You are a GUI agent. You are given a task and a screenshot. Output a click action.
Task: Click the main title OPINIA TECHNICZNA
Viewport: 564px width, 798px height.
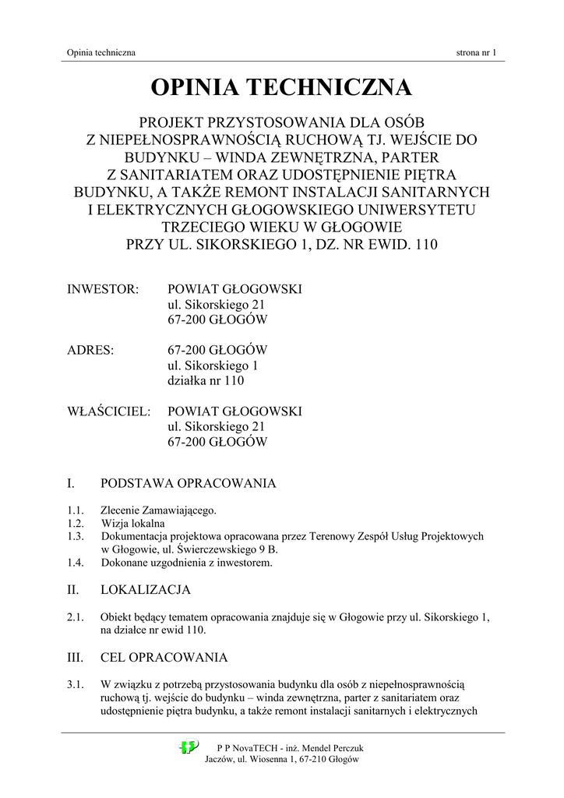[281, 87]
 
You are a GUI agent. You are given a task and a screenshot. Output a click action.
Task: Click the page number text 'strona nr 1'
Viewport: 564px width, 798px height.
[476, 53]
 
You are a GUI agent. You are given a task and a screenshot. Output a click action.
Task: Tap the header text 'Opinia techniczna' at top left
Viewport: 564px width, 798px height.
[102, 53]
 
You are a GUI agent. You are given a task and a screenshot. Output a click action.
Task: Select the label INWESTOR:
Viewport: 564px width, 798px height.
[103, 290]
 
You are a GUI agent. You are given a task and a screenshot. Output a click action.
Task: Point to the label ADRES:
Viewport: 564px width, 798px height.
[90, 351]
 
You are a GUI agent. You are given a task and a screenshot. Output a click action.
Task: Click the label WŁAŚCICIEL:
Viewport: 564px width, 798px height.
[108, 411]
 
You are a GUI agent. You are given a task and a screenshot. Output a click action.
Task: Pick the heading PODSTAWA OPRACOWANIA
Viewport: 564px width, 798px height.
[189, 483]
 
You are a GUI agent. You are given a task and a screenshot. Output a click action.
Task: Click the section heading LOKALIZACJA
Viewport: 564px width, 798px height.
[146, 590]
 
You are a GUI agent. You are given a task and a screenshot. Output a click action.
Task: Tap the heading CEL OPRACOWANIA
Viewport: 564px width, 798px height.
[164, 657]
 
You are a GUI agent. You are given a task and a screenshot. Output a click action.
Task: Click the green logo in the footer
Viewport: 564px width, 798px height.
[189, 747]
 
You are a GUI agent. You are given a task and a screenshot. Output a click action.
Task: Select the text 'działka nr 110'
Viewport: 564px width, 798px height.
[206, 381]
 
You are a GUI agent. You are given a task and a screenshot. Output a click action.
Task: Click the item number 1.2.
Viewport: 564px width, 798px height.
[76, 524]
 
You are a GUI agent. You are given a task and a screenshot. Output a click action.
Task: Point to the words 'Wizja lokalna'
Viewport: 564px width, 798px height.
[133, 524]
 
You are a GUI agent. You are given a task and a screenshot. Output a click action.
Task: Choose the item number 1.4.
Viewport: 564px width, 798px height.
[76, 563]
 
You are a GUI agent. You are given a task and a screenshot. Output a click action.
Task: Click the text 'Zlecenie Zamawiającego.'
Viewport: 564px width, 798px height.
[159, 510]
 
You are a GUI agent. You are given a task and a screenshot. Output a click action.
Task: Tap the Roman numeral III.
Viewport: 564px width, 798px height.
[76, 657]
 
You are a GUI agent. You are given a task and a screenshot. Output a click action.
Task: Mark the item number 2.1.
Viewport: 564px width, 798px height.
[76, 618]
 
